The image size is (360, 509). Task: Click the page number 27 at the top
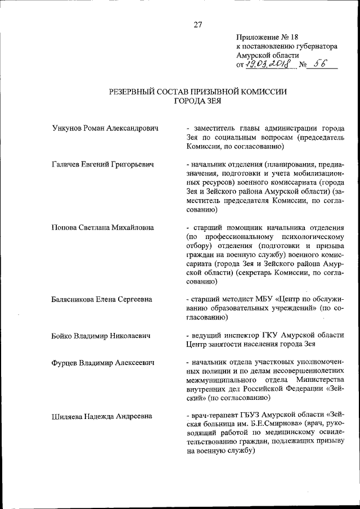click(198, 24)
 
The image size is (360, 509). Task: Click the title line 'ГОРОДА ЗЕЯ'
click(198, 101)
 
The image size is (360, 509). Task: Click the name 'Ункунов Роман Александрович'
click(105, 128)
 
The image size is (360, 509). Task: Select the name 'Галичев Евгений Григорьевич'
click(103, 164)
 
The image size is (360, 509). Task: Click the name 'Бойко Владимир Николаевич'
click(100, 336)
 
